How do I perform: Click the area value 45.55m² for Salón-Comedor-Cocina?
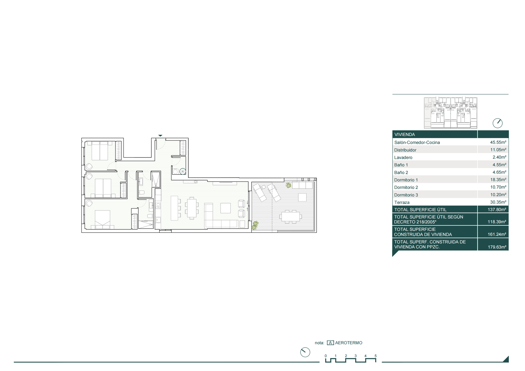[498, 142]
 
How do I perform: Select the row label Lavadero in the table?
[403, 157]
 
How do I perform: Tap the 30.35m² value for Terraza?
[498, 202]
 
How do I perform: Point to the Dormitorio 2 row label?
[406, 187]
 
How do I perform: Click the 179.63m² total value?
[497, 247]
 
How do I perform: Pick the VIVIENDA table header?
[404, 135]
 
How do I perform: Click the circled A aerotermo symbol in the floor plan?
[183, 171]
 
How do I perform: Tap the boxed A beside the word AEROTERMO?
[330, 343]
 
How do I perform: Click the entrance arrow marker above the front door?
[160, 136]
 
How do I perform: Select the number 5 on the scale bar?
[375, 356]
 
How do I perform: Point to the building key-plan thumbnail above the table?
[450, 113]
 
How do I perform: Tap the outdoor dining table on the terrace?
[290, 217]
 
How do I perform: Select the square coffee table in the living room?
[226, 208]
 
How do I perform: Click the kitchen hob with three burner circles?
[158, 206]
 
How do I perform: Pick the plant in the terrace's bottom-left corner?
[255, 225]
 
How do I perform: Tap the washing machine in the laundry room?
[175, 172]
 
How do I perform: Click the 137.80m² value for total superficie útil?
[497, 209]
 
